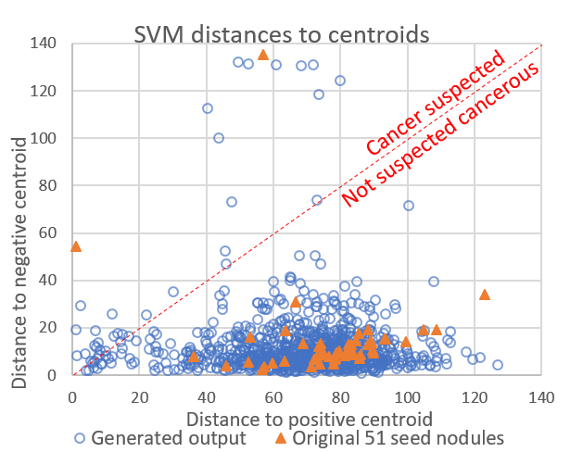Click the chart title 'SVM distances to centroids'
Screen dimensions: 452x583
282,34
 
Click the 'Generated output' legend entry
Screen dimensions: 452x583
160,437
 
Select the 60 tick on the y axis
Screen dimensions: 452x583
51,233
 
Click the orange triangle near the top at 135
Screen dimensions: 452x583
263,55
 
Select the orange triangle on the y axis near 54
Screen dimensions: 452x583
76,246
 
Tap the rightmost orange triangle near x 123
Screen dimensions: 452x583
485,294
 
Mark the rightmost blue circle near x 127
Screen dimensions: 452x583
498,365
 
